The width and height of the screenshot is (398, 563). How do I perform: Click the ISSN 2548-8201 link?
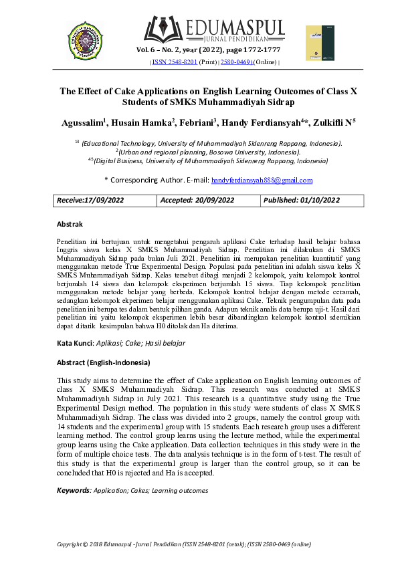174,62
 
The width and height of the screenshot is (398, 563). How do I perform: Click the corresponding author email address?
262,180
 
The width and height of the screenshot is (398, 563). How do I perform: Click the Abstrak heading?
70,224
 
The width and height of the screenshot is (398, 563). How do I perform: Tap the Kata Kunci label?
74,343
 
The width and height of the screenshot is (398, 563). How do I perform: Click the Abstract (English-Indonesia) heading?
103,362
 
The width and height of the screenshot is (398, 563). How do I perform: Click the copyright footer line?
184,544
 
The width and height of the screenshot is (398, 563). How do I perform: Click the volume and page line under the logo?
208,50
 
